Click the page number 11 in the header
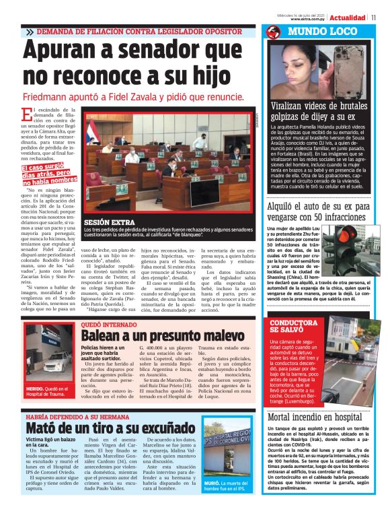click(373, 17)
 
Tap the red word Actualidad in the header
click(348, 17)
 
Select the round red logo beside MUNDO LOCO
click(272, 32)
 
